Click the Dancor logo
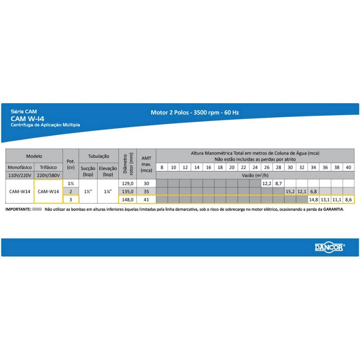[x=330, y=247]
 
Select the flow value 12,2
[x=267, y=184]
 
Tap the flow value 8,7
[x=279, y=184]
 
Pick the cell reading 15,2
[x=290, y=192]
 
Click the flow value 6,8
[x=314, y=192]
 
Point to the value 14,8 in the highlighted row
[x=314, y=199]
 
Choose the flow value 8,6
[x=348, y=199]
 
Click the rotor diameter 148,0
[x=128, y=199]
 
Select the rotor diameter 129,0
[x=128, y=184]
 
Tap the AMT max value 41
[x=146, y=199]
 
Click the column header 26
[x=267, y=167]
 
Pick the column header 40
[x=348, y=167]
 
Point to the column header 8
[x=162, y=167]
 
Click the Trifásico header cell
[x=48, y=167]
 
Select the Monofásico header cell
[x=20, y=167]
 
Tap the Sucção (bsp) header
[x=88, y=171]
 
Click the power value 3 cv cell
[x=71, y=199]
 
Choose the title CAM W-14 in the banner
[x=27, y=119]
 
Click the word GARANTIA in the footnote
[x=333, y=209]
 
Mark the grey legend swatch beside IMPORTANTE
[x=37, y=209]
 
